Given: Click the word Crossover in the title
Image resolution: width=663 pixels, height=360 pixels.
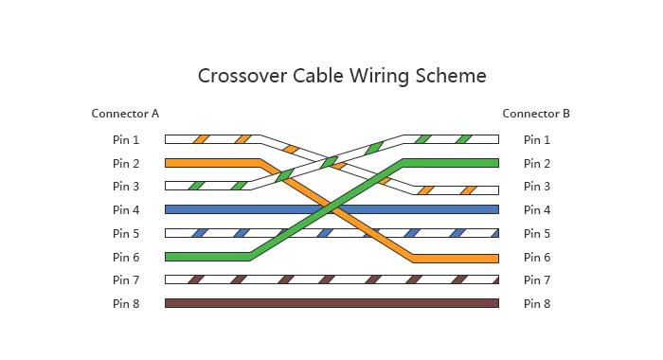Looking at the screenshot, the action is pyautogui.click(x=242, y=76).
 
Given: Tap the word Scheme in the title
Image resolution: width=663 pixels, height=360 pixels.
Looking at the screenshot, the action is pyautogui.click(x=451, y=76).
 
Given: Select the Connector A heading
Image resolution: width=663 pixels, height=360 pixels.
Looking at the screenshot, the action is pyautogui.click(x=125, y=114).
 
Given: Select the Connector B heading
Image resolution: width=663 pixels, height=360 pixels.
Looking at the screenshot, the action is pyautogui.click(x=536, y=114).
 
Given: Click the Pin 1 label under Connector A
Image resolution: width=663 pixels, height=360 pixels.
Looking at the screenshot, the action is pyautogui.click(x=126, y=139).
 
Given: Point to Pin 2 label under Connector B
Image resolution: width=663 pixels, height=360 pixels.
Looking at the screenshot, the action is pyautogui.click(x=537, y=163).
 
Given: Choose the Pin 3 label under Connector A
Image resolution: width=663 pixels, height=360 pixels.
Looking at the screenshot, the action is pyautogui.click(x=126, y=186).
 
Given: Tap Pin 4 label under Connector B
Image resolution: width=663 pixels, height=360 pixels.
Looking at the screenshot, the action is pyautogui.click(x=537, y=209).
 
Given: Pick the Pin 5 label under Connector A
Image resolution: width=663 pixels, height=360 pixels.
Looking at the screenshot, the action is pyautogui.click(x=126, y=233).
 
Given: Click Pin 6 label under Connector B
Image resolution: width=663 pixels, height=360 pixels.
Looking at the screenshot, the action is pyautogui.click(x=537, y=257).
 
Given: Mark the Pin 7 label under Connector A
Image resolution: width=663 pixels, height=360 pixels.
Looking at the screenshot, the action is pyautogui.click(x=126, y=280).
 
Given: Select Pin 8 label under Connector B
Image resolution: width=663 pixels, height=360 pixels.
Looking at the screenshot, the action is pyautogui.click(x=537, y=304).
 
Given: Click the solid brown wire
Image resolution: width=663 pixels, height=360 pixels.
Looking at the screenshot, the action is pyautogui.click(x=331, y=303).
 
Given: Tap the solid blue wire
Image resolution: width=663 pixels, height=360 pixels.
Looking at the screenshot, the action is pyautogui.click(x=331, y=209).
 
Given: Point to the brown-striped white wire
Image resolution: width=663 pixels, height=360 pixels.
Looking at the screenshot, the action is pyautogui.click(x=331, y=279).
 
